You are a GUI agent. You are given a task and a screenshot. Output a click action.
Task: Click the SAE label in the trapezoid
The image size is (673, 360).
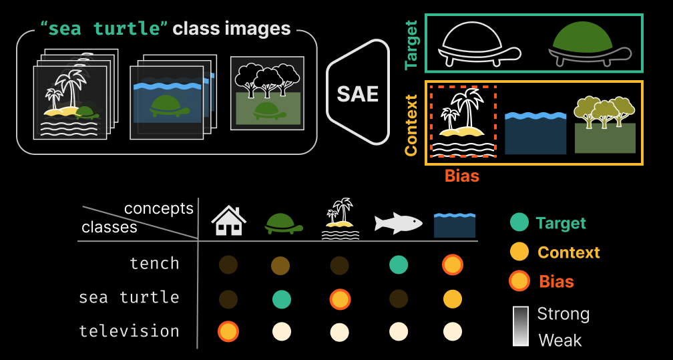tap(357, 94)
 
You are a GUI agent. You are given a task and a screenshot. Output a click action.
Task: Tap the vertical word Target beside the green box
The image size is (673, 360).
tap(411, 45)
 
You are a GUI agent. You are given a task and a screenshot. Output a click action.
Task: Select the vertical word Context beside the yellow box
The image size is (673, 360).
tap(411, 125)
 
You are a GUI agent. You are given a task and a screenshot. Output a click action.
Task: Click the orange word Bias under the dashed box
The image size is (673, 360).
tap(462, 176)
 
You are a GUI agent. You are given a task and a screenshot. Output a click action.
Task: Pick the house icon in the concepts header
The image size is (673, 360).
tap(228, 220)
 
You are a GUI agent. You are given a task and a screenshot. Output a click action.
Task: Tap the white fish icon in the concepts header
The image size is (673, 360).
tap(398, 222)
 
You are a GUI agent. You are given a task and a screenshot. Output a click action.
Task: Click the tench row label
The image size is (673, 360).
tap(154, 264)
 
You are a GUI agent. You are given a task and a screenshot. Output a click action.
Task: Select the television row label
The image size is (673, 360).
tap(130, 331)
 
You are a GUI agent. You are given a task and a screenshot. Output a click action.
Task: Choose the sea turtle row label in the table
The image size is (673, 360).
tap(130, 297)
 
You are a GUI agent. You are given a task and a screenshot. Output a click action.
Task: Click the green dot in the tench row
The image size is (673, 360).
tap(399, 265)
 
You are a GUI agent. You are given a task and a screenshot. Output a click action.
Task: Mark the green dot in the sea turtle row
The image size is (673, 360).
tap(282, 299)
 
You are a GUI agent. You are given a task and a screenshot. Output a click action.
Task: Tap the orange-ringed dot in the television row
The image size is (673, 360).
tap(228, 332)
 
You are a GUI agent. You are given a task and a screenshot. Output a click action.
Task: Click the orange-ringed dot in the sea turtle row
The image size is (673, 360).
tap(340, 299)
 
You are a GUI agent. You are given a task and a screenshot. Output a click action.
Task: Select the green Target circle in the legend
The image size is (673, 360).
tap(519, 222)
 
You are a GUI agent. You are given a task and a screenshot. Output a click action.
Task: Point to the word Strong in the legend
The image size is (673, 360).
tap(563, 314)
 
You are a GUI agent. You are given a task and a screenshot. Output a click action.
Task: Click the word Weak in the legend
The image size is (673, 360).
tap(560, 340)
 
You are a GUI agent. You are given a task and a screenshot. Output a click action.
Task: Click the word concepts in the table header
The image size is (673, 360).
tap(159, 208)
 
